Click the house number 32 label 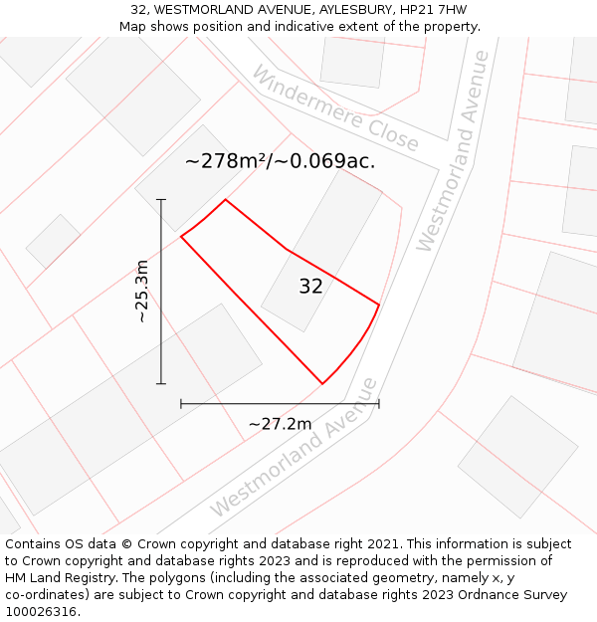(310, 287)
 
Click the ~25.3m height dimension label (141, 291)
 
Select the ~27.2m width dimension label (280, 424)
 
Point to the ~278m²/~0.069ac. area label (280, 161)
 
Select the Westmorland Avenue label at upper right (453, 151)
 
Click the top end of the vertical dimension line (161, 200)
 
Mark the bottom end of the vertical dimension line (161, 383)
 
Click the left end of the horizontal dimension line (181, 403)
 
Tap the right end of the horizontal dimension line (379, 403)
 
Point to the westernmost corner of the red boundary (181, 237)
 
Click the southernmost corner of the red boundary (322, 383)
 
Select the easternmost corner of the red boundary (379, 304)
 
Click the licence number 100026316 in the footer (42, 612)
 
